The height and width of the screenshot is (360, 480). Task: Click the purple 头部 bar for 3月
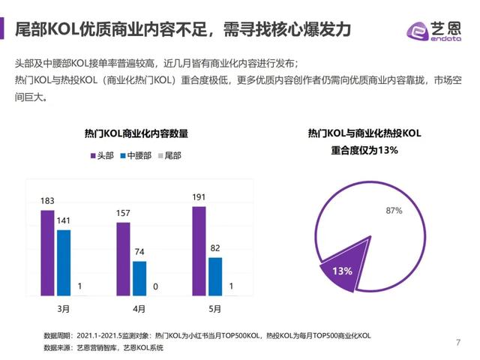(47, 253)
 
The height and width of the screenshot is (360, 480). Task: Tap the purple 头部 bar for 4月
(123, 259)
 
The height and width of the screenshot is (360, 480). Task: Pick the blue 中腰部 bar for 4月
(139, 278)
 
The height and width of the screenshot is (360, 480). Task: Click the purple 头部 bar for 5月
(199, 251)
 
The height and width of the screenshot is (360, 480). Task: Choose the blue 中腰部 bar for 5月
(215, 276)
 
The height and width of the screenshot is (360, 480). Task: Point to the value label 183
(47, 201)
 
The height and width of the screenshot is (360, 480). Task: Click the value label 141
(64, 220)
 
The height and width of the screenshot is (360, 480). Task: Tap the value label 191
(199, 197)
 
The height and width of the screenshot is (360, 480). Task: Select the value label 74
(139, 253)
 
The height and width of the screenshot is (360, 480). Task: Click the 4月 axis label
(139, 308)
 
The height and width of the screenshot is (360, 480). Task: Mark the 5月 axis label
(214, 308)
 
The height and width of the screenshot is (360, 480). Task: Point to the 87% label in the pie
(394, 211)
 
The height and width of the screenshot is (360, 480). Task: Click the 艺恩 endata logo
(434, 29)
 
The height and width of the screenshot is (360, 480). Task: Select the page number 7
(457, 343)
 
